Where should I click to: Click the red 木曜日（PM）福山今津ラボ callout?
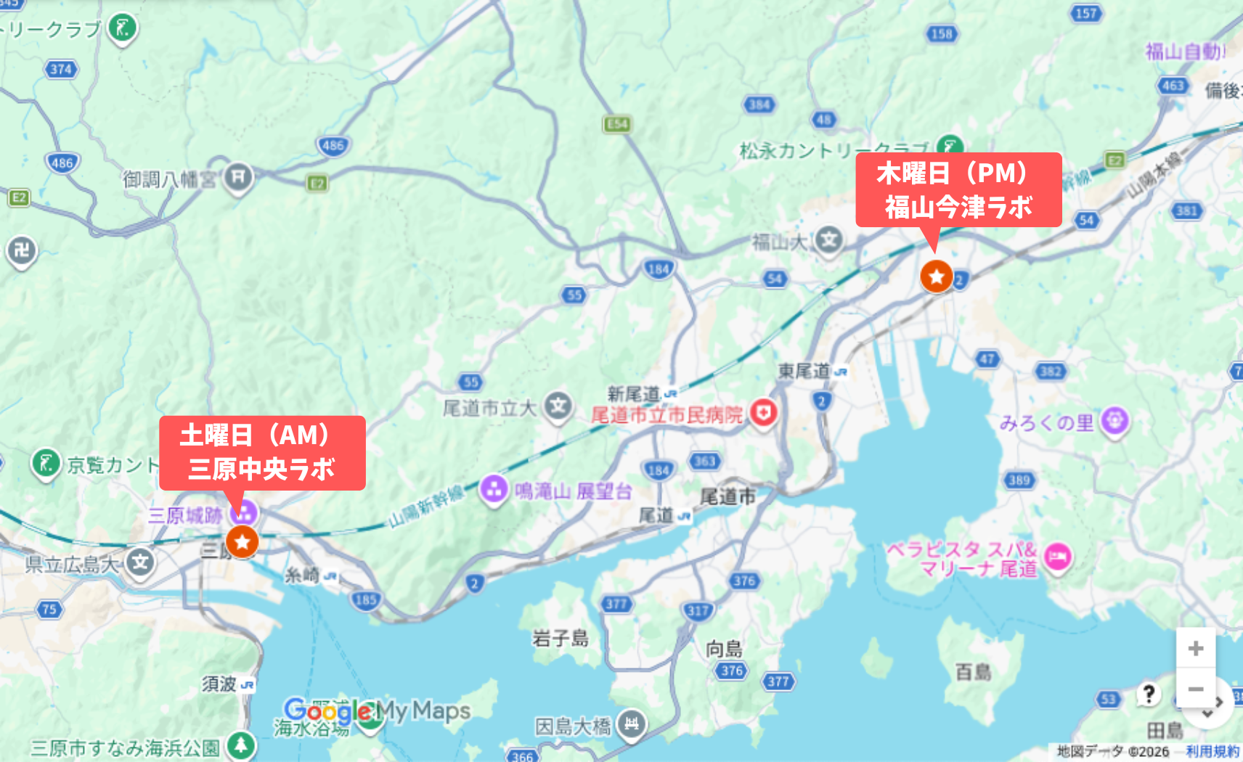pyautogui.click(x=958, y=189)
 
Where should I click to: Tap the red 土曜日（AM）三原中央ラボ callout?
pyautogui.click(x=262, y=452)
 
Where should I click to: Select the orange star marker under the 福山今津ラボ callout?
pyautogui.click(x=937, y=276)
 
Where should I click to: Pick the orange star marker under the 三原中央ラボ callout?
pyautogui.click(x=242, y=541)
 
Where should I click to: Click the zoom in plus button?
pyautogui.click(x=1195, y=648)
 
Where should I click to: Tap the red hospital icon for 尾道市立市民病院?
pyautogui.click(x=763, y=414)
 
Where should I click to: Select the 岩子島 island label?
pyautogui.click(x=560, y=639)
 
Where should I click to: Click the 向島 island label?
pyautogui.click(x=724, y=648)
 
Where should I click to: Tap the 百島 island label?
pyautogui.click(x=973, y=672)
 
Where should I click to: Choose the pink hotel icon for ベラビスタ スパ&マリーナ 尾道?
pyautogui.click(x=1058, y=557)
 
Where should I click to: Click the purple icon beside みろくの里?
pyautogui.click(x=1114, y=421)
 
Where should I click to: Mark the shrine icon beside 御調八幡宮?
pyautogui.click(x=237, y=176)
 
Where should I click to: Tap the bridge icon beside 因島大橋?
pyautogui.click(x=632, y=724)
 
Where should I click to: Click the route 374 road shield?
pyautogui.click(x=61, y=69)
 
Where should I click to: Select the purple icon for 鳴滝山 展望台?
pyautogui.click(x=494, y=489)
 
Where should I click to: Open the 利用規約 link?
pyautogui.click(x=1212, y=751)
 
